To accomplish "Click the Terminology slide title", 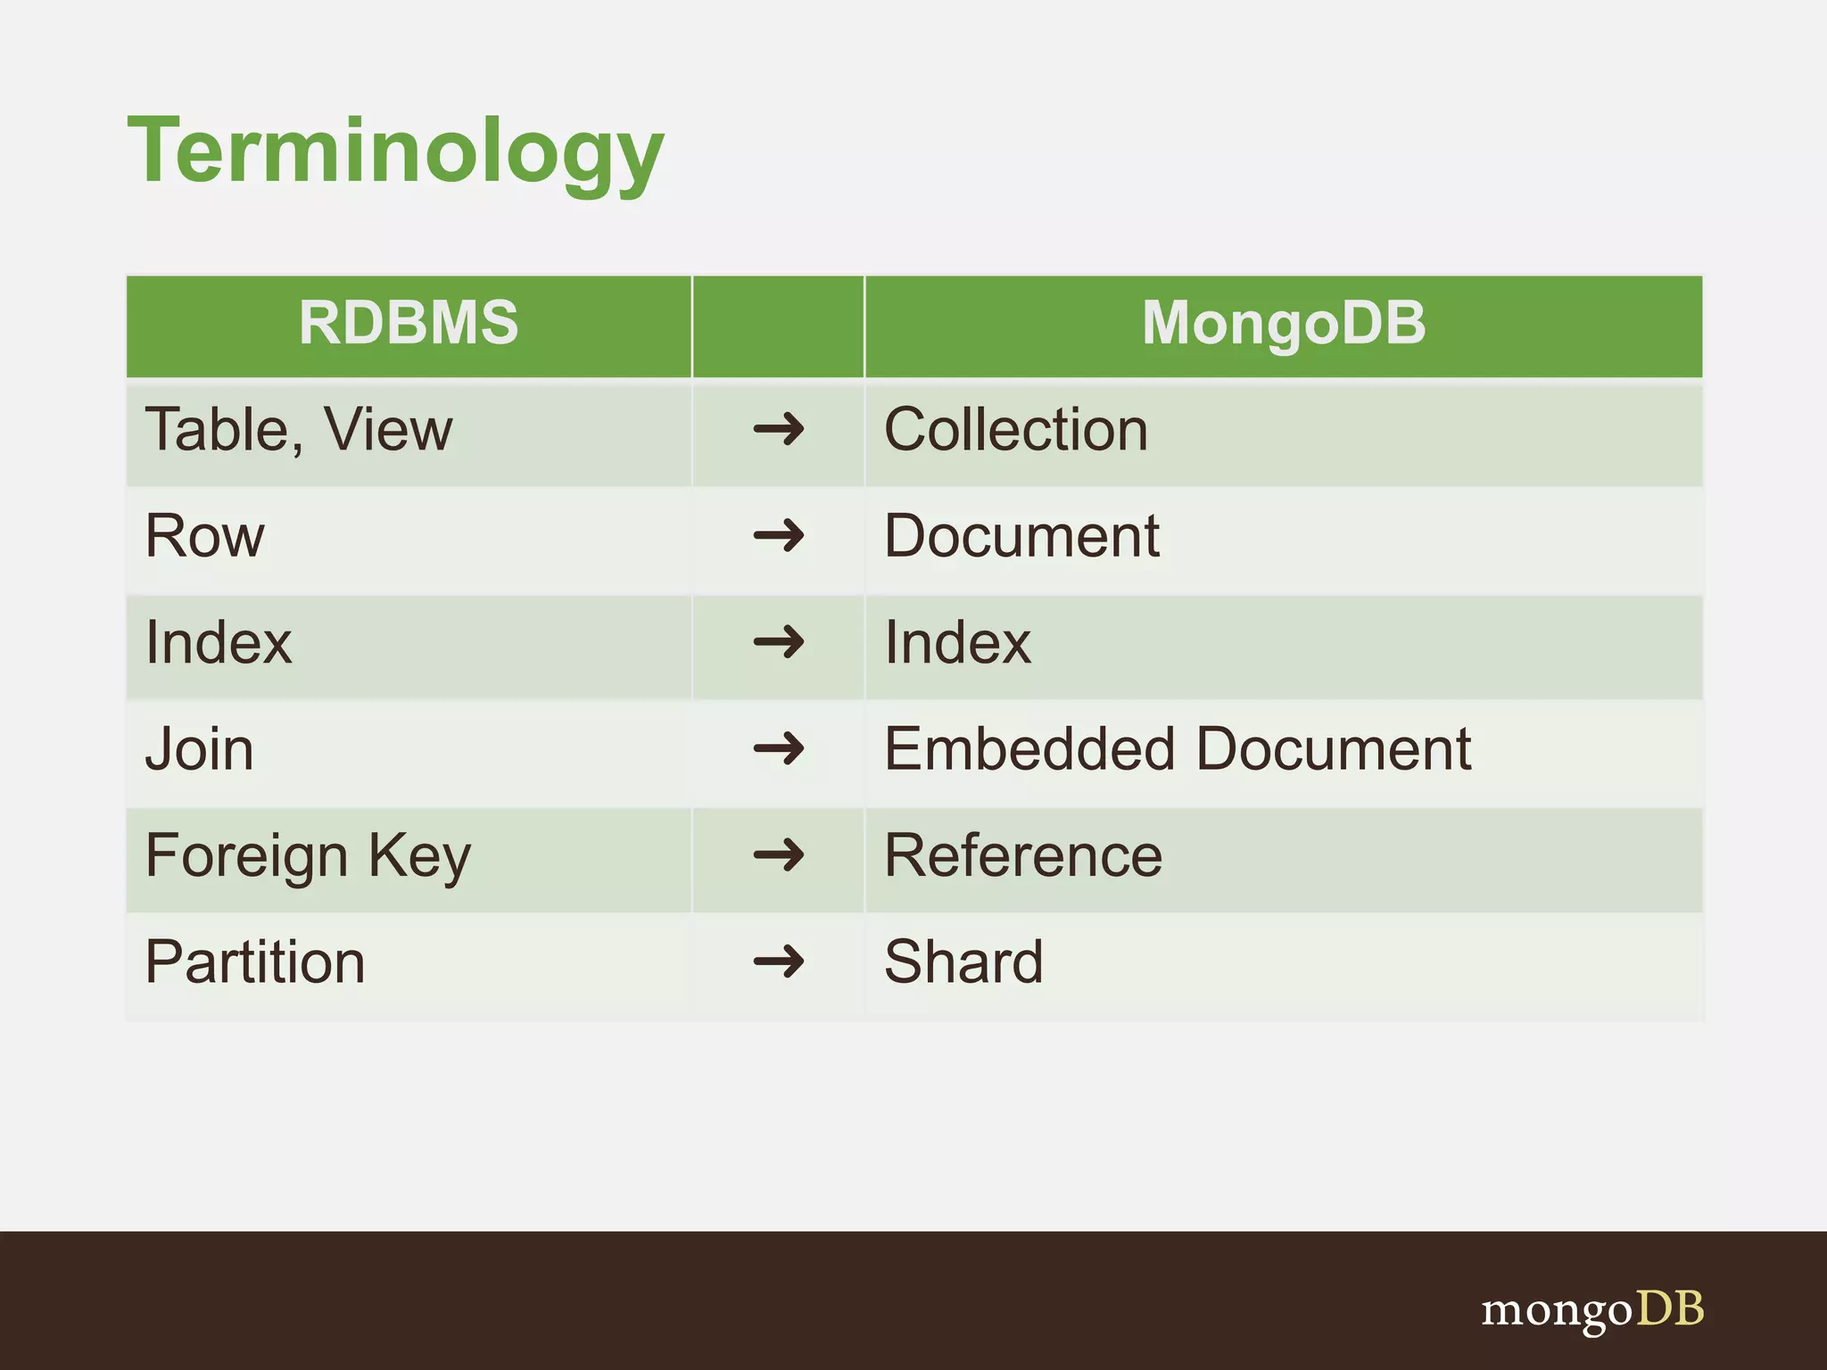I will tap(395, 152).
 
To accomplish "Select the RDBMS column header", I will tap(408, 323).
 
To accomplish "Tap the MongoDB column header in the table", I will tap(1283, 323).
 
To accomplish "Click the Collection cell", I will tap(1015, 430).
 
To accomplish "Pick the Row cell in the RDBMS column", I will tap(205, 537).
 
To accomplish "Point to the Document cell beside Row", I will tap(1021, 537).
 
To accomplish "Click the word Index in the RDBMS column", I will tap(219, 643).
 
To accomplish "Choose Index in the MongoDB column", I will tap(957, 643).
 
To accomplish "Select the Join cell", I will tap(199, 749).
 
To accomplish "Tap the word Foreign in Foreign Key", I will tap(246, 856).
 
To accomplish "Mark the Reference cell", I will tap(1022, 856).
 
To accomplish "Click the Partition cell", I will tap(255, 962).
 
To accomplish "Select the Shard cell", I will tap(963, 962).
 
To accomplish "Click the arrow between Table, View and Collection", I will tap(778, 430).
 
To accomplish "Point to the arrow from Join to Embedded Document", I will tap(778, 749).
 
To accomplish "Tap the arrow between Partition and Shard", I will tap(778, 962).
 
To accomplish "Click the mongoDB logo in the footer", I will tap(1591, 1310).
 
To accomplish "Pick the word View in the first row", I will tap(388, 430).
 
